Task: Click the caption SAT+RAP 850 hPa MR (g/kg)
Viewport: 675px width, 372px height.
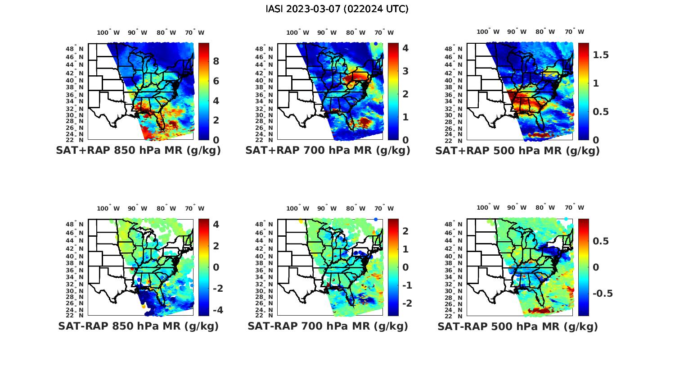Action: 138,151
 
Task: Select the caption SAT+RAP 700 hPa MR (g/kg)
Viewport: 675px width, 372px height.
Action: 328,151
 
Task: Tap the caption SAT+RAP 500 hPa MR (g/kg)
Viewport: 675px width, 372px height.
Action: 517,151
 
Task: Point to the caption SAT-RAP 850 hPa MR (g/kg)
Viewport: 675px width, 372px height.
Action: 138,326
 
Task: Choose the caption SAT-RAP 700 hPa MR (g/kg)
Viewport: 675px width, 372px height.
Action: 328,326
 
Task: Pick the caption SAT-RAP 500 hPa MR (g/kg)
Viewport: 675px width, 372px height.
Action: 517,326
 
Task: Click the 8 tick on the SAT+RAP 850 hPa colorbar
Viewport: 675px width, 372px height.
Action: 216,61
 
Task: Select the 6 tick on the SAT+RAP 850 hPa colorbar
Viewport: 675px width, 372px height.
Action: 216,81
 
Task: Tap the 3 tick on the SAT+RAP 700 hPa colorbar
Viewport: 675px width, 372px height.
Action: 405,71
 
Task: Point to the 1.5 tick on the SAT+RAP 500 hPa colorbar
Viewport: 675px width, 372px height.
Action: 601,55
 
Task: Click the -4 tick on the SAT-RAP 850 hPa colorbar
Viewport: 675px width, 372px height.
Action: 218,310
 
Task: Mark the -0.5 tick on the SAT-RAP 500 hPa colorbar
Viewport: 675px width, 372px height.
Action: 602,294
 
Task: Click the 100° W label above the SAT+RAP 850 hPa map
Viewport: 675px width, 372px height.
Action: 108,32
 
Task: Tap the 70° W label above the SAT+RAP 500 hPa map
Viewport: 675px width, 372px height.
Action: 574,32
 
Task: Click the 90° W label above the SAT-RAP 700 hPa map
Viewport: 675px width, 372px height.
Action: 327,208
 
